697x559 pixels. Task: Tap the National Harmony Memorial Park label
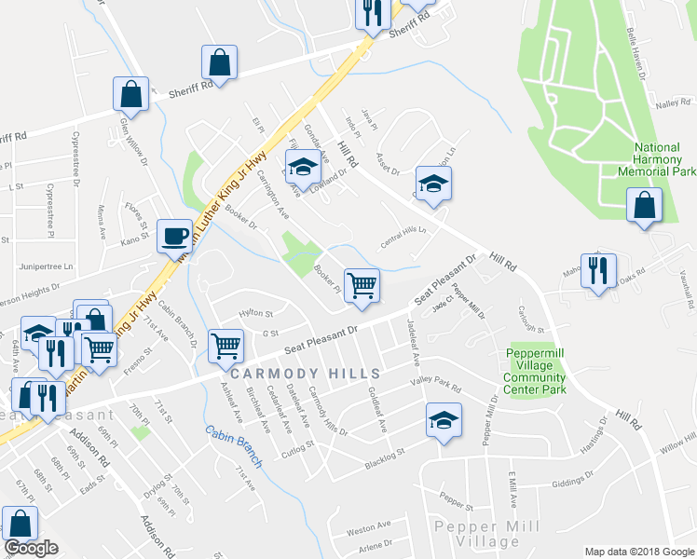pos(657,159)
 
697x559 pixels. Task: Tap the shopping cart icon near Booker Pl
pos(362,285)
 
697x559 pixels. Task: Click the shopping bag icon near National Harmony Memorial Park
pos(644,205)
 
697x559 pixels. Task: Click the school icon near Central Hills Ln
pos(433,184)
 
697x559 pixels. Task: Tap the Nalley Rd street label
pos(670,104)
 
